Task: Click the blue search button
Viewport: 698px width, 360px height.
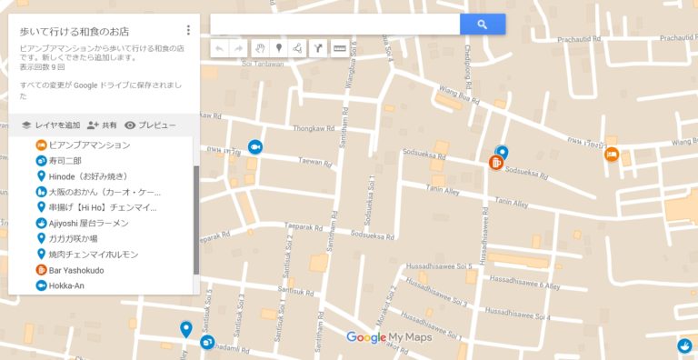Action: coord(483,25)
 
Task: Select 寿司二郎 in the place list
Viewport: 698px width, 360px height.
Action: coord(65,161)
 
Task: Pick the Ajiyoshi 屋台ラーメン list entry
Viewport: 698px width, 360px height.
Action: coord(88,223)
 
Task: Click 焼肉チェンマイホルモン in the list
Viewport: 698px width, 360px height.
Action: coord(93,255)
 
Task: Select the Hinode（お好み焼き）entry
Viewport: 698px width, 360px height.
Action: coord(88,176)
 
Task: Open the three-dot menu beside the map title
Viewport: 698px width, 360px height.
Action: coord(188,30)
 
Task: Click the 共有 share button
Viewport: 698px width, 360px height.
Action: coord(102,125)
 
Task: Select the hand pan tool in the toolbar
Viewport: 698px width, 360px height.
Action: coord(259,48)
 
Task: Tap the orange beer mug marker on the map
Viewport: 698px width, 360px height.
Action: coord(496,164)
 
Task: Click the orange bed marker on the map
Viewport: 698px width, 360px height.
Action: coord(613,155)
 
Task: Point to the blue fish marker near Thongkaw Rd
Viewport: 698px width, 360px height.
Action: coord(255,147)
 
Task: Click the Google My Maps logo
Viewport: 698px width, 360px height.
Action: coord(389,338)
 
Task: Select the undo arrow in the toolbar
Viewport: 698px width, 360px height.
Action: coord(219,48)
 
